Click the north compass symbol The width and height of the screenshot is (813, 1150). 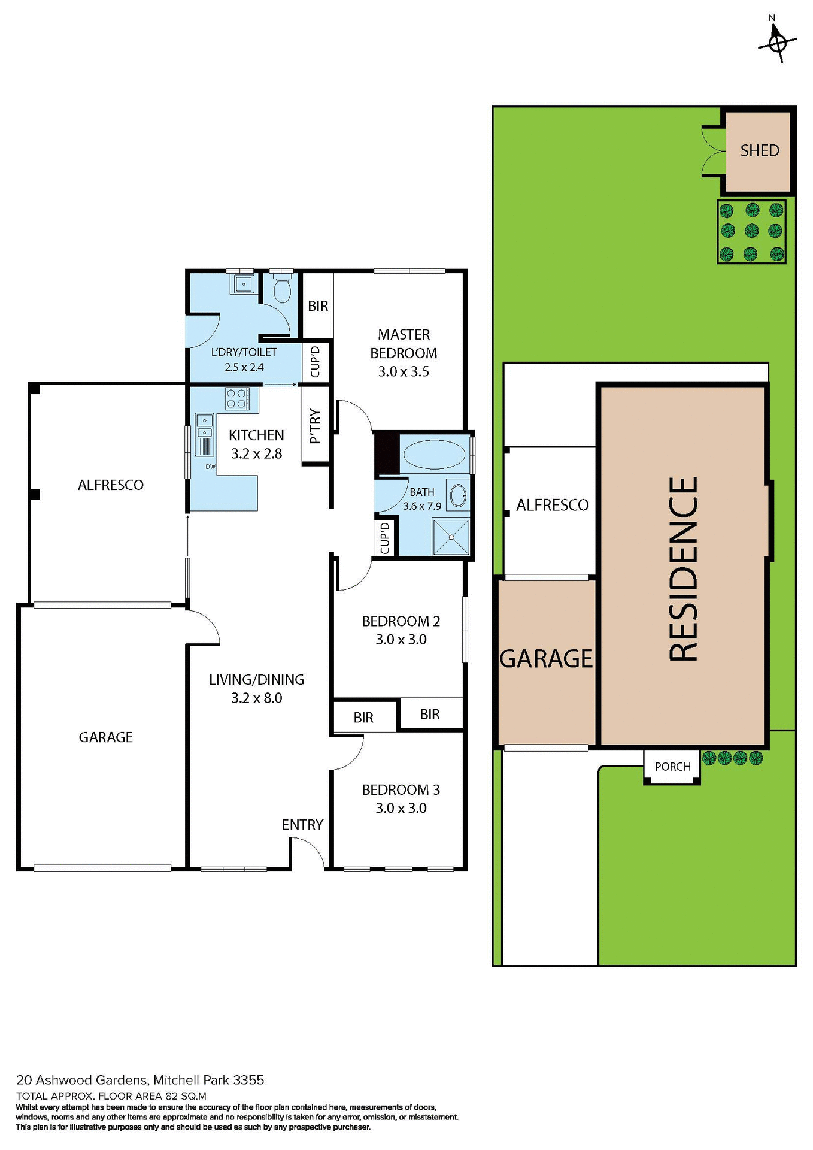778,41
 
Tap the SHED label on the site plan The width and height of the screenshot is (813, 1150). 760,150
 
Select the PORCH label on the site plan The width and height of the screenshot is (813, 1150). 672,767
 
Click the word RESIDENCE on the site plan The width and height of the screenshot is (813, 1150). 684,569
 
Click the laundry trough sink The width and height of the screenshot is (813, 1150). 244,283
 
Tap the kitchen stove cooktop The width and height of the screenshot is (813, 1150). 236,399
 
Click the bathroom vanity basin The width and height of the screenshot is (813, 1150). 458,495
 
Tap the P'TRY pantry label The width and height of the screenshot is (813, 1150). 316,426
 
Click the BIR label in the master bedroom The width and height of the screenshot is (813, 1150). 318,306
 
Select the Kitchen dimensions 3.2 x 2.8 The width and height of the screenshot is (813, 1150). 256,454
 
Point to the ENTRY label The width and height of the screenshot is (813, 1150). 302,825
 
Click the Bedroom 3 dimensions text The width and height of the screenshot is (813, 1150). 401,808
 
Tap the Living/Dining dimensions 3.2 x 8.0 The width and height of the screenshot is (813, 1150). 256,698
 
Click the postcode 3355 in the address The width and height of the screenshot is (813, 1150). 248,1080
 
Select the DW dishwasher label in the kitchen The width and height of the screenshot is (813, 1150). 210,467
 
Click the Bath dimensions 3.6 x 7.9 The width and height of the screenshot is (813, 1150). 422,506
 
